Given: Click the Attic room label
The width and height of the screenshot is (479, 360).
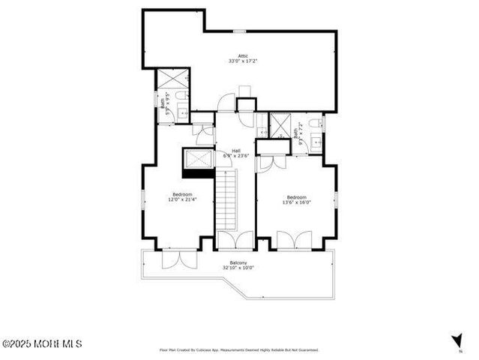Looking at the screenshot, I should [242, 55].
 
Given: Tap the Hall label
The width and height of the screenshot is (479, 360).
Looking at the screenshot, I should [235, 150].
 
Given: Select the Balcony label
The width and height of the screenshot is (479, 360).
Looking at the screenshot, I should [238, 262].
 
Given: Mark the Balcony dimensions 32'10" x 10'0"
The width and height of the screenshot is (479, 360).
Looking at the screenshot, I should [238, 268].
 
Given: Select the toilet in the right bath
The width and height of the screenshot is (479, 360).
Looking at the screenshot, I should [317, 123].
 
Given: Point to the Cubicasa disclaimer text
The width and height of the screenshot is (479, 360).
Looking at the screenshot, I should [238, 349].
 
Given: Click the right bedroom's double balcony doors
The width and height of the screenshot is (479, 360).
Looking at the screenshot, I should [293, 241].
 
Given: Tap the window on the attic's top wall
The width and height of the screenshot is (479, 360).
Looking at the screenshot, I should [238, 31].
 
